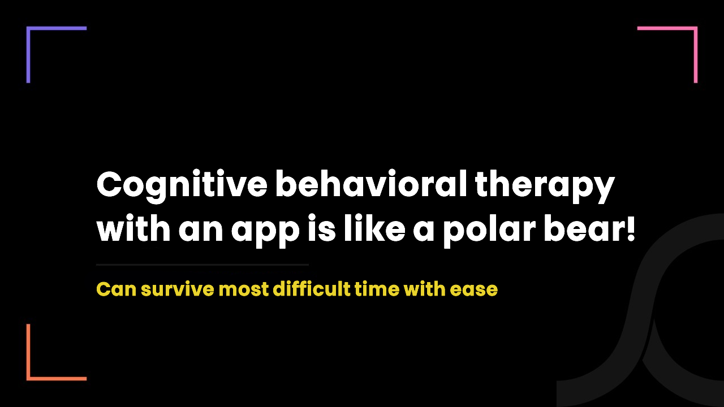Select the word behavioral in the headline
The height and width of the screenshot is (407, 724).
point(370,184)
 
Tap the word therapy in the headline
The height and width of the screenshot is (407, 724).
point(545,187)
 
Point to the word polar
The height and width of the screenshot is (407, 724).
point(489,230)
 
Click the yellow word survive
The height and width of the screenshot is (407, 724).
point(178,289)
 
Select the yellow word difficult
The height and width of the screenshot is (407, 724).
point(312,288)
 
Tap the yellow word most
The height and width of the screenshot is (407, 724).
point(244,289)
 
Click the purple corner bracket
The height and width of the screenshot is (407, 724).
point(28,54)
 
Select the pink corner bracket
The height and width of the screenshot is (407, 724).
point(696,54)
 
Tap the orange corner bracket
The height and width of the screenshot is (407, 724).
point(28,352)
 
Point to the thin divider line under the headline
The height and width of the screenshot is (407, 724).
point(202,265)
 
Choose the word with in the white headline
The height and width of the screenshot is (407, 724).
point(133,228)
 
